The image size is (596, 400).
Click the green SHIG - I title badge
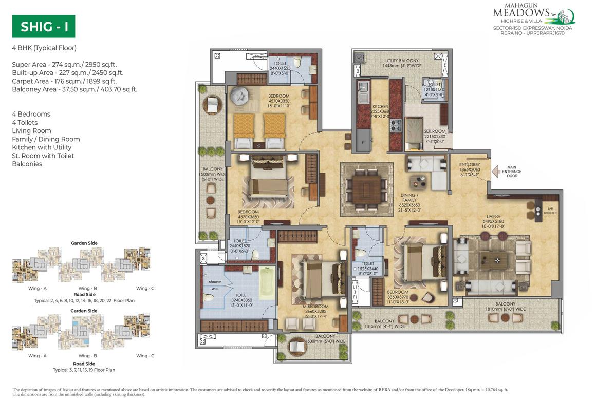point(44,27)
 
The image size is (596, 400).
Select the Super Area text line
point(64,64)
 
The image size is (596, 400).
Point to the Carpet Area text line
point(64,81)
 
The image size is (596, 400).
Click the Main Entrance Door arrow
point(496,171)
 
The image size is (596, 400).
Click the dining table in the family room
point(366,188)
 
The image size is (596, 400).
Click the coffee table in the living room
point(493,260)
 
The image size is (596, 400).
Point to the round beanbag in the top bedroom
point(239,95)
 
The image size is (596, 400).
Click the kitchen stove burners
point(396,125)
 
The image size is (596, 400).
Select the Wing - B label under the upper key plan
point(87,288)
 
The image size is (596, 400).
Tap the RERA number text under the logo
point(532,33)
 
